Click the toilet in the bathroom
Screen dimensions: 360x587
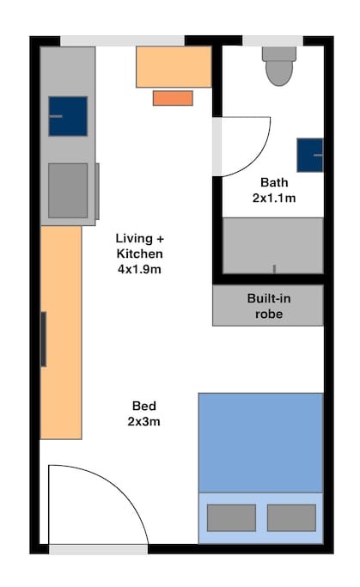[x=279, y=66]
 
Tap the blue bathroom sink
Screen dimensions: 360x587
[x=310, y=155]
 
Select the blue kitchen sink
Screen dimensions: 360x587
[x=68, y=116]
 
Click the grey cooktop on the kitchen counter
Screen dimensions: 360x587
[x=68, y=190]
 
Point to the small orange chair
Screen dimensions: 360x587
[x=173, y=98]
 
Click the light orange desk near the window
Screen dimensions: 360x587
[x=174, y=67]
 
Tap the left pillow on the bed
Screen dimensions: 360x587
[x=232, y=517]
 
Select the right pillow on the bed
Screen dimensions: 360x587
[x=291, y=517]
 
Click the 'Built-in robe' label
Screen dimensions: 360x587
[x=269, y=306]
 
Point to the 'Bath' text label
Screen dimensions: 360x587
[x=274, y=182]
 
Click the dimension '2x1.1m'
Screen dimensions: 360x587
[x=274, y=198]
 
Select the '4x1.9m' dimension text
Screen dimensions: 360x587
[x=139, y=269]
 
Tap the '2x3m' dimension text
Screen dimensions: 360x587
[x=143, y=421]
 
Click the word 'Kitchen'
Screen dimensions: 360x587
[x=139, y=254]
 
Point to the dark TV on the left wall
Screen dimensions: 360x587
[x=44, y=339]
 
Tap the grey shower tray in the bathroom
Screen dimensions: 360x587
[x=273, y=246]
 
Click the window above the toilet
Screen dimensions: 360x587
[x=273, y=40]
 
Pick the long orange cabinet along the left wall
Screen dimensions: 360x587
[x=61, y=333]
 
